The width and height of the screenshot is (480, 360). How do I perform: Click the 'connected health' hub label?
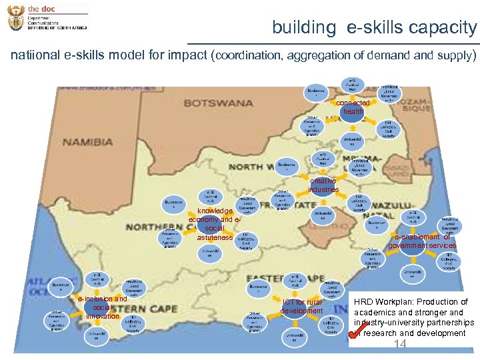[353, 107]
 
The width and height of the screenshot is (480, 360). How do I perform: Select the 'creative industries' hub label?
[323, 185]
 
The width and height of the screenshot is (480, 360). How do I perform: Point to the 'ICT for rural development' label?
[301, 307]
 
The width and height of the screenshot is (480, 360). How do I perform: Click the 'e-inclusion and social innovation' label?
[102, 307]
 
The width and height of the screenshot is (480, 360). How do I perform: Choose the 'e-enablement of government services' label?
[423, 241]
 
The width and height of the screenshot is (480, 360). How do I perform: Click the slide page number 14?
[400, 344]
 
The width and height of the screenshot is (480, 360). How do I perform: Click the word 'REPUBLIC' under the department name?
[38, 28]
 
